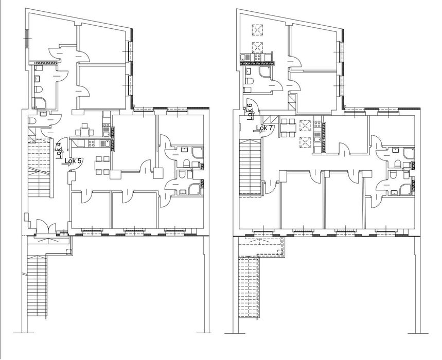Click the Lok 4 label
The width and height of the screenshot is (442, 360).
tap(58, 151)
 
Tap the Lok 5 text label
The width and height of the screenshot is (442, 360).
tap(73, 161)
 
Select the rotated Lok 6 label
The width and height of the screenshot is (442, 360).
tap(250, 112)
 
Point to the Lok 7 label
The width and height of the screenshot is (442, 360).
tap(264, 128)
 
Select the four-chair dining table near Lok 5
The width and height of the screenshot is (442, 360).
tap(102, 166)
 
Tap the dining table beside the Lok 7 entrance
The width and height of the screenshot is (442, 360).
tap(288, 128)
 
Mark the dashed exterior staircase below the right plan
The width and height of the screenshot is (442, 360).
tap(249, 286)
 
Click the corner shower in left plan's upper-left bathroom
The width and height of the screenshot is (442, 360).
tap(39, 103)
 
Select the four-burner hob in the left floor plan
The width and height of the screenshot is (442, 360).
tap(91, 143)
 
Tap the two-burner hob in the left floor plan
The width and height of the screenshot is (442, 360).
tap(106, 124)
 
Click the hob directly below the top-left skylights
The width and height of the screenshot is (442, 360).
tap(258, 58)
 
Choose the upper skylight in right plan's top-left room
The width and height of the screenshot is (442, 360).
tap(257, 30)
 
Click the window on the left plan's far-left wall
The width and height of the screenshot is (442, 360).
tap(27, 38)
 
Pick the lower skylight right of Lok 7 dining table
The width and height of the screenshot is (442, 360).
tap(305, 142)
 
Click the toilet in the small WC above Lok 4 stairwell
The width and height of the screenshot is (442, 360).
tap(32, 121)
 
